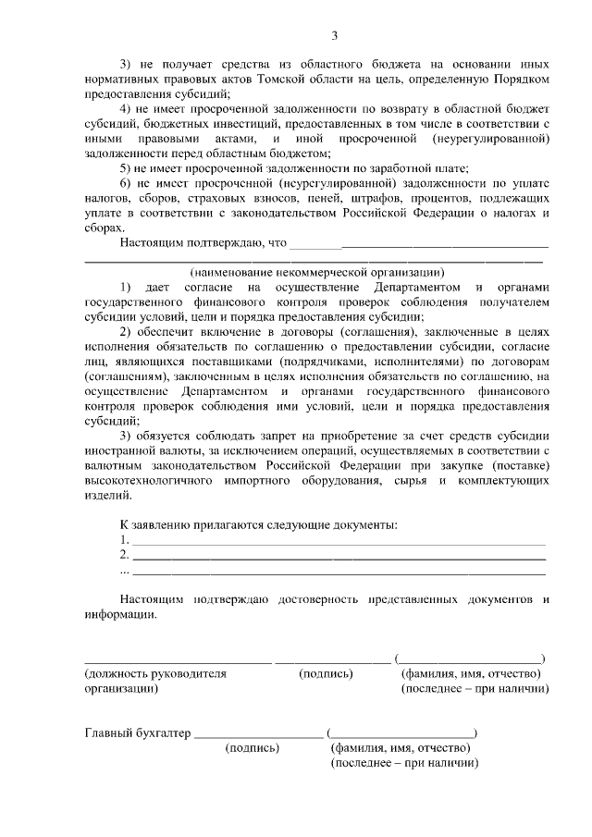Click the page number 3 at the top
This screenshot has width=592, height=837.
click(x=336, y=36)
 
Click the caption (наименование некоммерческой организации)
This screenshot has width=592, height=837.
click(x=317, y=272)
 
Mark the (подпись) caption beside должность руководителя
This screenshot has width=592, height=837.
click(x=326, y=673)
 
